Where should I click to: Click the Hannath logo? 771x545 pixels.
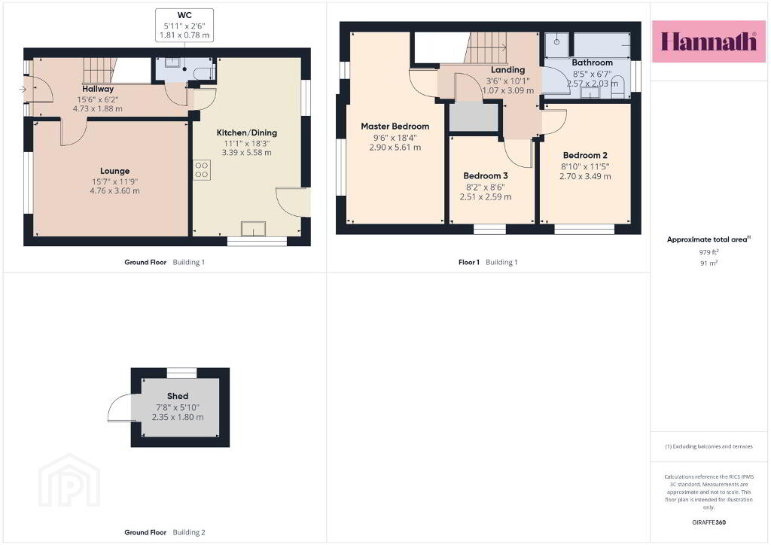coord(709,41)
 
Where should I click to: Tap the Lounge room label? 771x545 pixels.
coord(114,171)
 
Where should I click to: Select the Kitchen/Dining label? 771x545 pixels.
coord(247,132)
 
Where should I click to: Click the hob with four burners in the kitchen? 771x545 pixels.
coord(202,170)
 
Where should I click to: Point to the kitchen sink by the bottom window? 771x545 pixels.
coord(253,229)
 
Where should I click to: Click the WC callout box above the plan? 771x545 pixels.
coord(184,25)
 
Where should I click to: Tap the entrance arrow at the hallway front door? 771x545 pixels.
coord(23,90)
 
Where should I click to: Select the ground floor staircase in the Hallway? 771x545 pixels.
coord(99,71)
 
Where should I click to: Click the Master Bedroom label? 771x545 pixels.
coord(395,126)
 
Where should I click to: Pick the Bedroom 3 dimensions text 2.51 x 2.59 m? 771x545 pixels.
coord(486,197)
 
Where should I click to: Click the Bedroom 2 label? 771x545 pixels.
coord(585,155)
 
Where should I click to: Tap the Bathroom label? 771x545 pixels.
coord(592,62)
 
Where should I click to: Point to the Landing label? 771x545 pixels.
coord(508,70)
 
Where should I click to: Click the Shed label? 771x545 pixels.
coord(178,396)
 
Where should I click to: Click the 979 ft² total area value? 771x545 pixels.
coord(709,252)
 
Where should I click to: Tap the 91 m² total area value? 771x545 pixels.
coord(709,263)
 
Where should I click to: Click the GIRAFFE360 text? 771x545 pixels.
coord(709,522)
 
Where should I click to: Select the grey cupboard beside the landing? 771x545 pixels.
coord(474,117)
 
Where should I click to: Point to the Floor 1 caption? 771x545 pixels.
coord(468,263)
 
